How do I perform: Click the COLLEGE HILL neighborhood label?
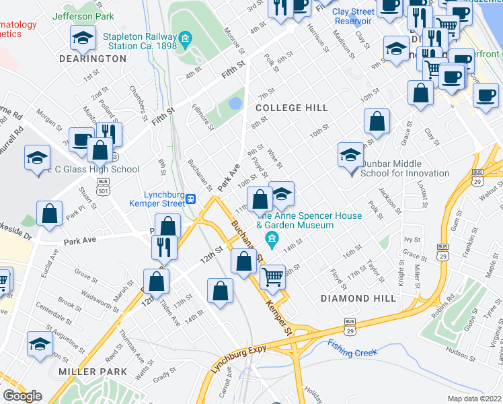[291, 108]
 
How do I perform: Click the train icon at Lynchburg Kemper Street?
[191, 199]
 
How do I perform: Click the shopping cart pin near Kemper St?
[272, 276]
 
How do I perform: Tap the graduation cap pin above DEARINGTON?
[83, 39]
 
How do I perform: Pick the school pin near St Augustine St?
[40, 343]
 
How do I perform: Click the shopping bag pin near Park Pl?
[50, 213]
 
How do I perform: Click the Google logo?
[22, 396]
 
